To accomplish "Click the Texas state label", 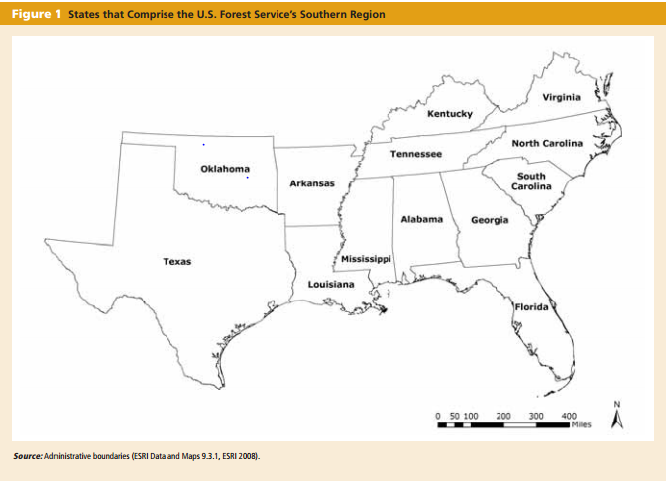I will tap(177, 262).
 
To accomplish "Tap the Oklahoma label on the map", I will tap(225, 168).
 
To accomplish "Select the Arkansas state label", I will tap(312, 183).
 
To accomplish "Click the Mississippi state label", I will tap(366, 258).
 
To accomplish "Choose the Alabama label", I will tap(421, 218).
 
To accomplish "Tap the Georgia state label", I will tap(490, 219).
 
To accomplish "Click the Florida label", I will tap(531, 307).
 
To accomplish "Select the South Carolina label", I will tap(532, 181).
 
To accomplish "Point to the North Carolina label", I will tap(548, 144).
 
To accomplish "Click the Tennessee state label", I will tap(416, 155).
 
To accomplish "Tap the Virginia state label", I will tap(562, 97).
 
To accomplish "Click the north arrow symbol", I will tap(617, 418).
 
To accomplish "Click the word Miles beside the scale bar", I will tap(580, 424).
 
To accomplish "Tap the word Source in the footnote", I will tap(27, 456).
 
